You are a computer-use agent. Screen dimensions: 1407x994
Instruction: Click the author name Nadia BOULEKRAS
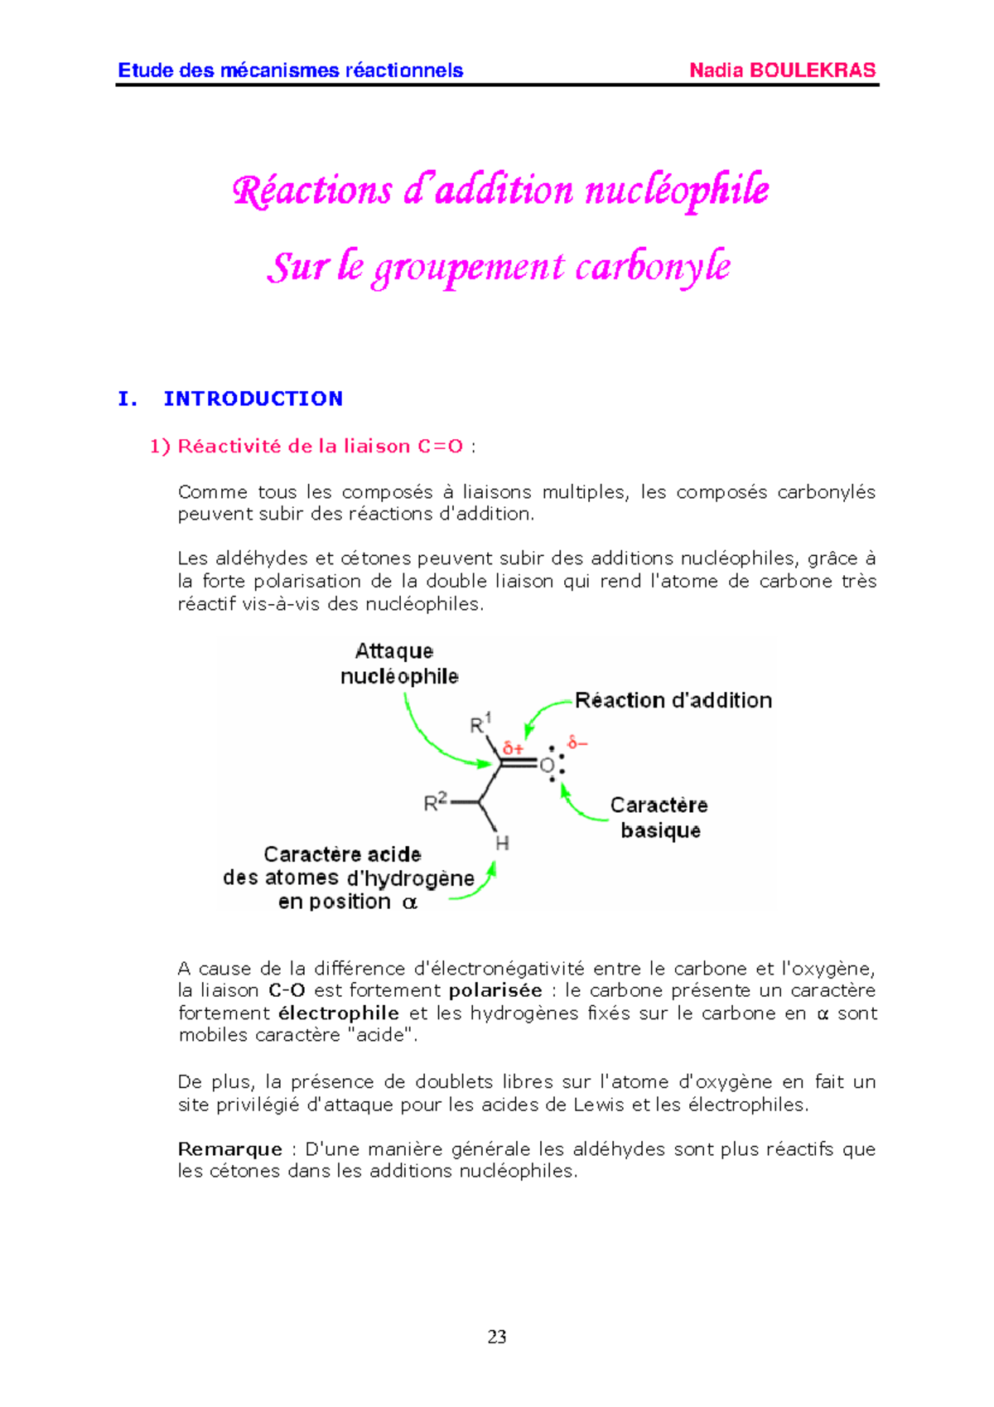(x=782, y=70)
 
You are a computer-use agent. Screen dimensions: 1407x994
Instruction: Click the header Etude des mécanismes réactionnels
(x=290, y=70)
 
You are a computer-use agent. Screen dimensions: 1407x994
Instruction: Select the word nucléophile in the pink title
(x=677, y=191)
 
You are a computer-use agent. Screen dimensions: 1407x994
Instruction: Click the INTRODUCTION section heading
(x=253, y=399)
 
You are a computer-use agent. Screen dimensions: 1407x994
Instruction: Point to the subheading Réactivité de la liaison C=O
(x=320, y=447)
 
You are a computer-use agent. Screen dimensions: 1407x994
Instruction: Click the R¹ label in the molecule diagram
(x=480, y=723)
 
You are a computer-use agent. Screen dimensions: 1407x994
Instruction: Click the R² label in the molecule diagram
(x=435, y=801)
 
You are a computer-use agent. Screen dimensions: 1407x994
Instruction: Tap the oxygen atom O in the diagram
(x=547, y=766)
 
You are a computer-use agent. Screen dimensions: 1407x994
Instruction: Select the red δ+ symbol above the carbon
(x=513, y=748)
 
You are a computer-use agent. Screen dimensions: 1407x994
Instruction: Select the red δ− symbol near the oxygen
(x=577, y=742)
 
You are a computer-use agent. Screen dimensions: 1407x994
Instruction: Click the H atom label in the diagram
(x=502, y=844)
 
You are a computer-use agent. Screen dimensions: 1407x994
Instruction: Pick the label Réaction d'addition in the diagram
(x=673, y=701)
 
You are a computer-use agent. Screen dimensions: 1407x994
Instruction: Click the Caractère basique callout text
(x=659, y=818)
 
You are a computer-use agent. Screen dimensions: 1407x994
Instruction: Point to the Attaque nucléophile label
(x=399, y=664)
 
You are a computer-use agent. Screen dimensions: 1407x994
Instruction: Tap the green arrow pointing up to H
(x=480, y=885)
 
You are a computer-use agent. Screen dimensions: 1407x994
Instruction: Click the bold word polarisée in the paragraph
(x=495, y=991)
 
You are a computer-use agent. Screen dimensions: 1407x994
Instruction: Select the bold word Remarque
(x=229, y=1149)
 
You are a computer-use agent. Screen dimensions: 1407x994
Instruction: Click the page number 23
(x=497, y=1337)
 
